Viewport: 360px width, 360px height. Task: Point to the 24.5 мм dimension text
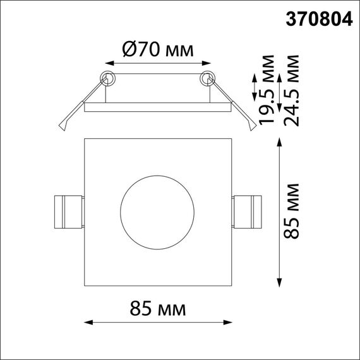(292, 89)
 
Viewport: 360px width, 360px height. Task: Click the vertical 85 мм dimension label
(292, 212)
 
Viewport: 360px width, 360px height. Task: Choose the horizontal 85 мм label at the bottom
(157, 309)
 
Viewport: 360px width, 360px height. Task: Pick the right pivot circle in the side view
(207, 79)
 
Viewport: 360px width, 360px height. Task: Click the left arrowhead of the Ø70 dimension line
(107, 63)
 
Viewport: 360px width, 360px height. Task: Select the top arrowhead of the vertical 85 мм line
(280, 142)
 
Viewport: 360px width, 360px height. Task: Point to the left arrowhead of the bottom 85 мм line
(87, 323)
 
